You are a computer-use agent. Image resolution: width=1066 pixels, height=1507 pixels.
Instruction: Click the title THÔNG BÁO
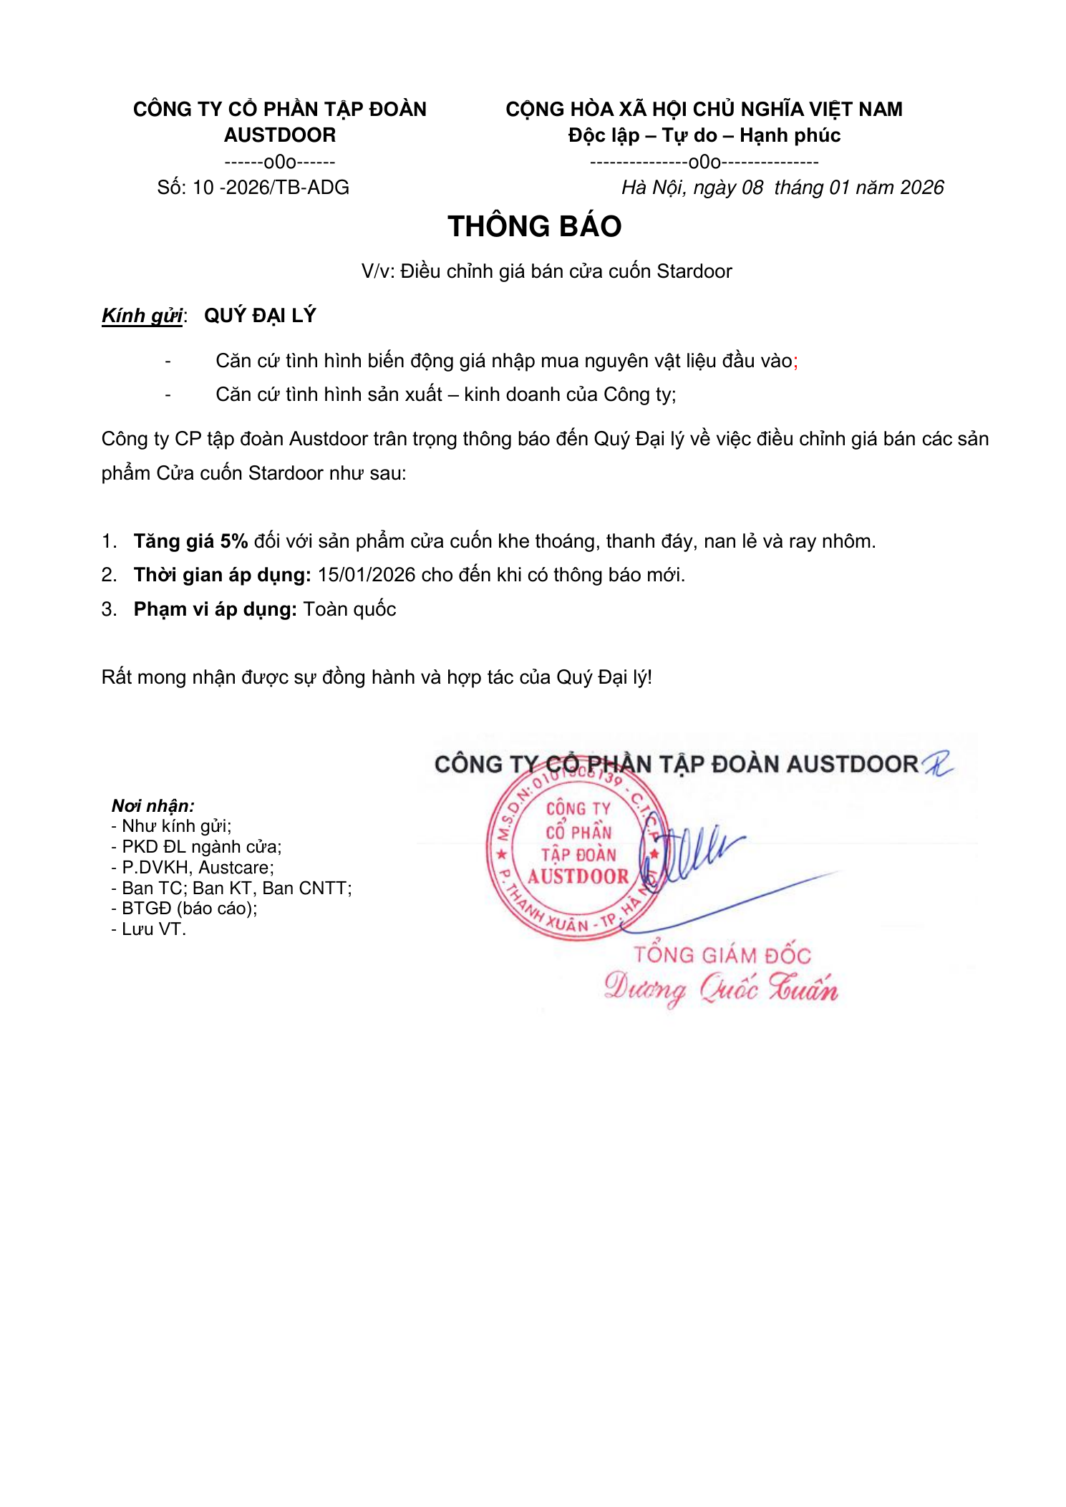pyautogui.click(x=534, y=226)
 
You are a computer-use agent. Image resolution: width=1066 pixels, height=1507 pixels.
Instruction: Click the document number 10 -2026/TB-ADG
pyautogui.click(x=271, y=188)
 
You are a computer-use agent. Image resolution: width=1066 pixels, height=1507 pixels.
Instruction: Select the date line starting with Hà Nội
pyautogui.click(x=782, y=188)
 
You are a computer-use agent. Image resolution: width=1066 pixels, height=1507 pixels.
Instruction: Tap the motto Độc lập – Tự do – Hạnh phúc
pyautogui.click(x=704, y=135)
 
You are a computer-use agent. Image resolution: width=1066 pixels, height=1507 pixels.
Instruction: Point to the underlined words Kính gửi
pyautogui.click(x=142, y=316)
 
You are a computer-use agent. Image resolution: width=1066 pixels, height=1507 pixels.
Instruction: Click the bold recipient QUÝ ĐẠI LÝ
pyautogui.click(x=260, y=316)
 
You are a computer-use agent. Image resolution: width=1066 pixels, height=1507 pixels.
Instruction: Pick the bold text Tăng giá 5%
pyautogui.click(x=190, y=541)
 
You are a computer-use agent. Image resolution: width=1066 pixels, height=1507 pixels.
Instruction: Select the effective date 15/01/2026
pyautogui.click(x=366, y=575)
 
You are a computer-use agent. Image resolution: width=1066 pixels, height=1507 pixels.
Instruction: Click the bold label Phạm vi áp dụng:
pyautogui.click(x=215, y=609)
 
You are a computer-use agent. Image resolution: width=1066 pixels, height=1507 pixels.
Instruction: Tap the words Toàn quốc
pyautogui.click(x=349, y=609)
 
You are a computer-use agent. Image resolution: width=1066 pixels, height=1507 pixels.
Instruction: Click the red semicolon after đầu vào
pyautogui.click(x=795, y=362)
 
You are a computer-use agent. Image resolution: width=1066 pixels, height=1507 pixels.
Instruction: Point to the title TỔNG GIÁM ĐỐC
pyautogui.click(x=722, y=955)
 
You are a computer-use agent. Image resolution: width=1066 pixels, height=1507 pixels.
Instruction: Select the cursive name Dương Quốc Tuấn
pyautogui.click(x=720, y=989)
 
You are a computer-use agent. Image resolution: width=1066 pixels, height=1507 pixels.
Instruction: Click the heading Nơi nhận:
pyautogui.click(x=152, y=805)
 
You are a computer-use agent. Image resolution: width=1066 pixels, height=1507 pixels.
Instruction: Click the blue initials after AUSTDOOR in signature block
pyautogui.click(x=937, y=763)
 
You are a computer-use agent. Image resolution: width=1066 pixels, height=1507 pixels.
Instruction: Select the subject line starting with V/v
pyautogui.click(x=546, y=271)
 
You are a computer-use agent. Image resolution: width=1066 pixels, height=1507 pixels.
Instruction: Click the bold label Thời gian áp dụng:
pyautogui.click(x=222, y=575)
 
